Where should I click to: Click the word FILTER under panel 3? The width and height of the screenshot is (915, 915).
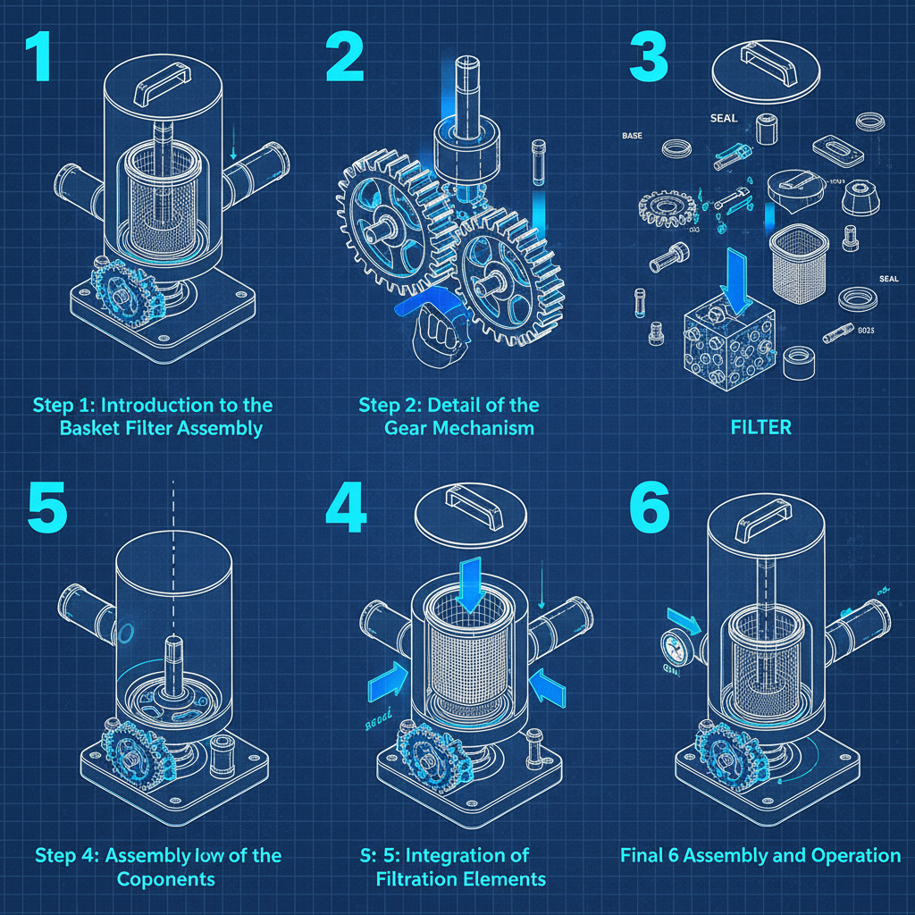click(x=760, y=427)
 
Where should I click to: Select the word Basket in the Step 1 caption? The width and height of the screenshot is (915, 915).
click(x=91, y=428)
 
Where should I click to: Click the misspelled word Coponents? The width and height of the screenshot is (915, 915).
click(x=166, y=878)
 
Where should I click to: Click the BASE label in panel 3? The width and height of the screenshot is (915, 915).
click(x=632, y=137)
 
